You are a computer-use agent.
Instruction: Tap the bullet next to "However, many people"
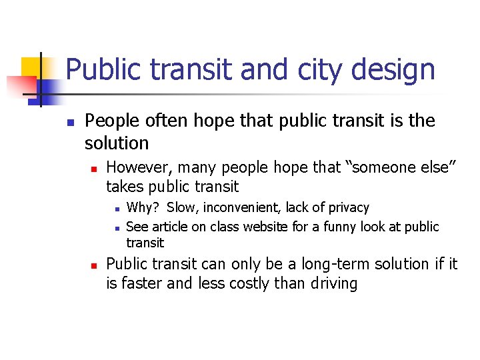(95, 167)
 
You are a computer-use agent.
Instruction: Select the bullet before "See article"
(116, 228)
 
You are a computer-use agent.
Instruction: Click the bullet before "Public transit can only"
(95, 265)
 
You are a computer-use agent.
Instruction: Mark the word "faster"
(141, 283)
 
